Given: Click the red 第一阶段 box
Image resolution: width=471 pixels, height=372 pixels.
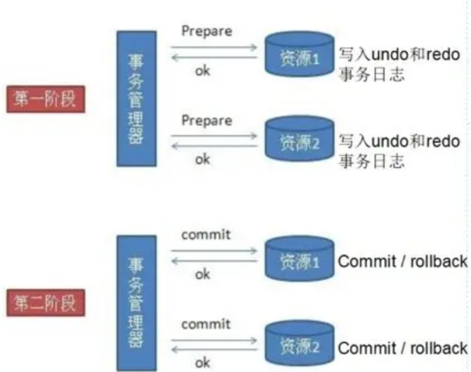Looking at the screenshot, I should (46, 99).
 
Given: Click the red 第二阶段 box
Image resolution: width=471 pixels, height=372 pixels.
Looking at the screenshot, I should (46, 303).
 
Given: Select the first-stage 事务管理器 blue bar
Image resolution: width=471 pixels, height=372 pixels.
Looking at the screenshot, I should (137, 99).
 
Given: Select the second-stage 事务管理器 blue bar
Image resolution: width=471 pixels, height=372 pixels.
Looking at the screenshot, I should (137, 303).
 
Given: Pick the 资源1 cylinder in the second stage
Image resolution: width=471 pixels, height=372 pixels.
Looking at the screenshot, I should (299, 259).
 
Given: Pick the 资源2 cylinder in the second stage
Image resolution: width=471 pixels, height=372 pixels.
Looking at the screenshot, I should (299, 343).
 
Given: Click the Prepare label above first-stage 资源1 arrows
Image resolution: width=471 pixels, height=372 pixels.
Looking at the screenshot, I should (207, 31).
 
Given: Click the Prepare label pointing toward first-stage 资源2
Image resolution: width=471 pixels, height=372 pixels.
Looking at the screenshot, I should (207, 121).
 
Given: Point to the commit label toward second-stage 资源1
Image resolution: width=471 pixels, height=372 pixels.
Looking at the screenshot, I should (206, 235).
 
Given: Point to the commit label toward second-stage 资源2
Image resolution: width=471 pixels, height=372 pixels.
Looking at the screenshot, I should (206, 324).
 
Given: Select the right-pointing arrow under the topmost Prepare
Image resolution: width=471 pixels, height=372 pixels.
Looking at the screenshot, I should (214, 47).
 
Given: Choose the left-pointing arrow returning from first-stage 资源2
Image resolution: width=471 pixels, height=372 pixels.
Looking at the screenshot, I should (214, 146).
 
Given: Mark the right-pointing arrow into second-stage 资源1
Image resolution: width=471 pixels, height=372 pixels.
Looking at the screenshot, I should (214, 251).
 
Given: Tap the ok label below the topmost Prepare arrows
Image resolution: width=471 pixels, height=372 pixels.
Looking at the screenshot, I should (202, 71).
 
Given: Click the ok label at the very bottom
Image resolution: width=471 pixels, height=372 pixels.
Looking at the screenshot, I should (202, 363).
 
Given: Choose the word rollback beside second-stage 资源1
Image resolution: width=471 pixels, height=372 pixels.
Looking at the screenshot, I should (439, 262).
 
